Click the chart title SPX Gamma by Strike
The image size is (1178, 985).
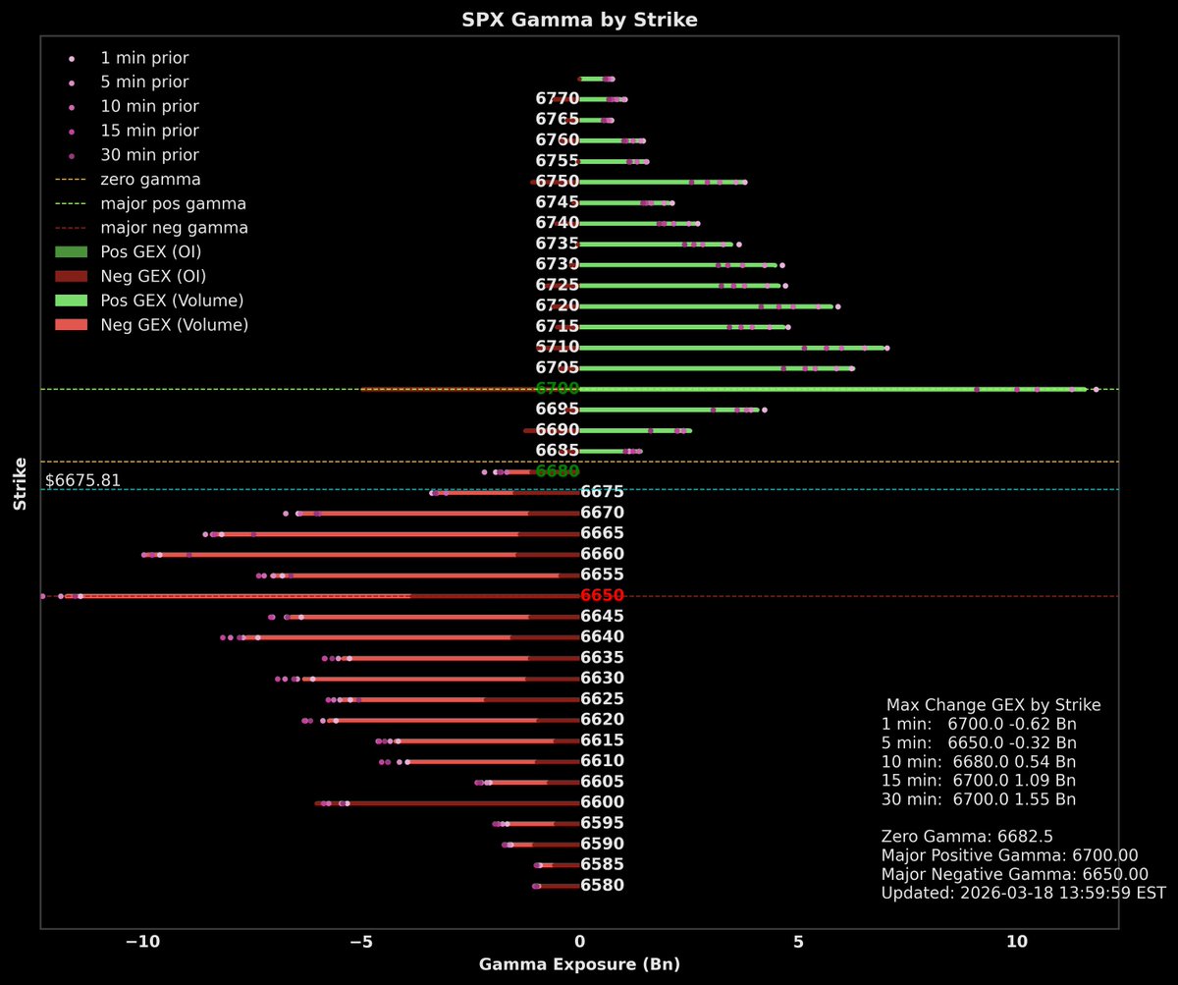(x=579, y=21)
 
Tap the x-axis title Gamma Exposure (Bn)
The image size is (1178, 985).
(x=579, y=964)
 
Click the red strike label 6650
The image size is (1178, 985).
(x=602, y=596)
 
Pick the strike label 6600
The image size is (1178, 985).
(x=602, y=802)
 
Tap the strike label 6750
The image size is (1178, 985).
(x=557, y=182)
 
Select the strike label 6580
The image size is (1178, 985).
(x=602, y=886)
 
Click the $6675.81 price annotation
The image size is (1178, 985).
(x=83, y=480)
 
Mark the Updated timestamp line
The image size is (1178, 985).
(x=1023, y=893)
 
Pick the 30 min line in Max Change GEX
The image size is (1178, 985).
(x=979, y=799)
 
